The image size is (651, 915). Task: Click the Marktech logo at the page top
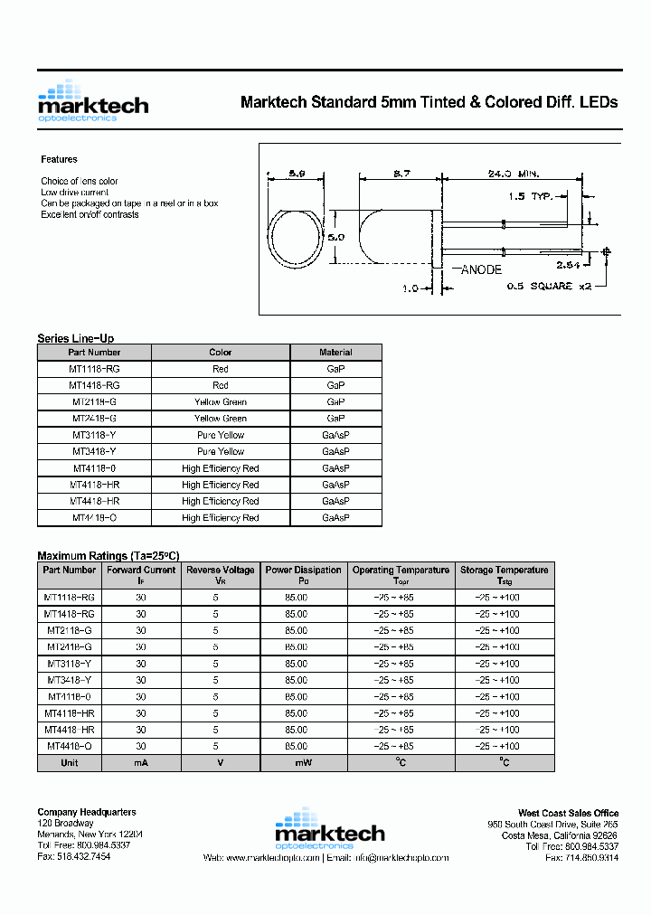click(x=92, y=101)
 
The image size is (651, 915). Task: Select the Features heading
click(x=59, y=159)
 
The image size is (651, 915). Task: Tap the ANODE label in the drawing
click(x=485, y=269)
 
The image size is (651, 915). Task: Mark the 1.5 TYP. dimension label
click(x=530, y=195)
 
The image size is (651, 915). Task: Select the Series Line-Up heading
click(x=75, y=338)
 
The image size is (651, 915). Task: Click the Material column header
click(x=335, y=353)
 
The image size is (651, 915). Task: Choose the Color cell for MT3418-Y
click(x=220, y=451)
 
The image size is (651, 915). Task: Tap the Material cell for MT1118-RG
click(x=335, y=369)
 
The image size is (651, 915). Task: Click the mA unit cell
click(x=140, y=763)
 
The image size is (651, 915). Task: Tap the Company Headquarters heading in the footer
click(x=87, y=812)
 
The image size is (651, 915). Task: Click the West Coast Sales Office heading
click(x=568, y=813)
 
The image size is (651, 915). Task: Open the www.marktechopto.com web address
click(x=274, y=857)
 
